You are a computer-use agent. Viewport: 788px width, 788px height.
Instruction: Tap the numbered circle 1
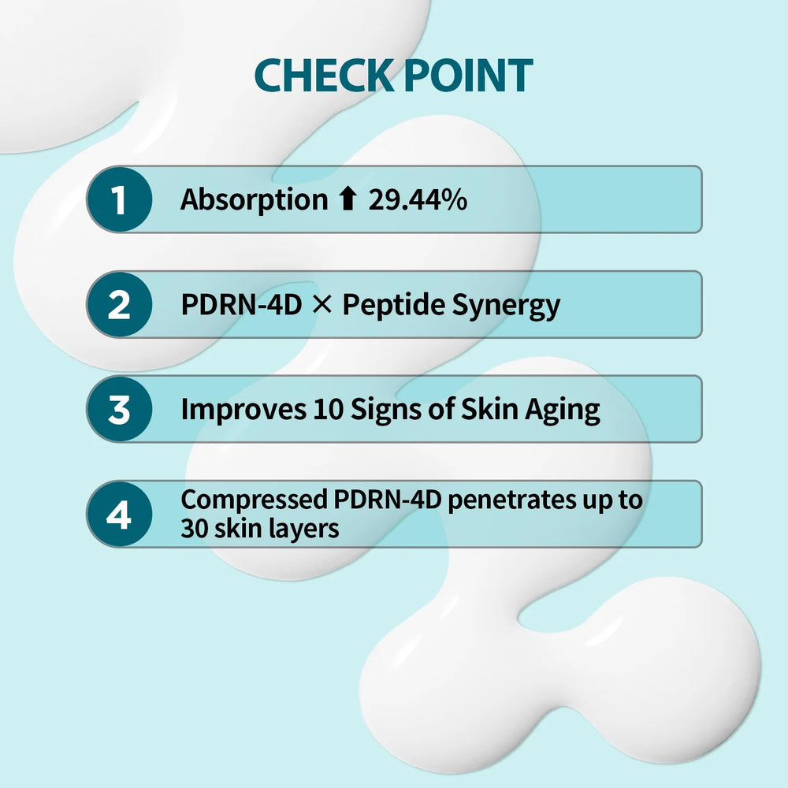(x=118, y=199)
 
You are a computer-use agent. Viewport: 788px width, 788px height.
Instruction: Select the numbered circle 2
(x=118, y=304)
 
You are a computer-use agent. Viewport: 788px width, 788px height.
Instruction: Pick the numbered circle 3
(x=118, y=409)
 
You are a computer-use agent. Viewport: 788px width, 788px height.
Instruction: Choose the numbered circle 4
(x=118, y=514)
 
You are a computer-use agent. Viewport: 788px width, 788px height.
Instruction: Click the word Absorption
(x=254, y=200)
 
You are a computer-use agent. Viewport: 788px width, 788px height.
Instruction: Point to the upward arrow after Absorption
(x=348, y=199)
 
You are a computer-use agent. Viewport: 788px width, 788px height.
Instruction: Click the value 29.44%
(x=418, y=199)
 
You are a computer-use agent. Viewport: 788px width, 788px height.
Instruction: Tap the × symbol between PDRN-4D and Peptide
(x=322, y=305)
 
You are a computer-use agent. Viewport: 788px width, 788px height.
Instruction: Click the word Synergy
(x=506, y=306)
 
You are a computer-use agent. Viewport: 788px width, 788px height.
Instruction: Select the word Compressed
(x=254, y=500)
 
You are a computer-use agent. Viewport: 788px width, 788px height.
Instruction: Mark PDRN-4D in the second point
(x=241, y=305)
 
